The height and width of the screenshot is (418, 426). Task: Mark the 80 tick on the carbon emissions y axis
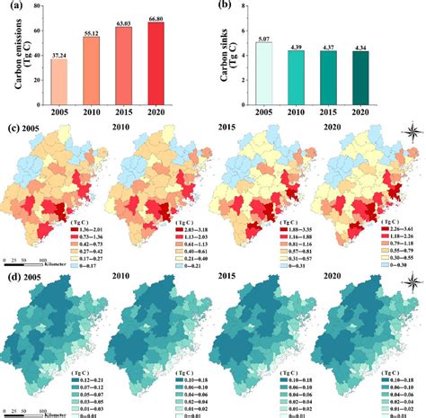point(35,8)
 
